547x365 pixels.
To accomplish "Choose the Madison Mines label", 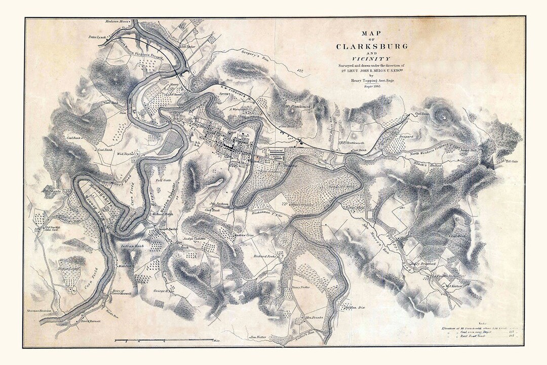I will [118, 22].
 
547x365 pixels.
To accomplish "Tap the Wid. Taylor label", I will [128, 153].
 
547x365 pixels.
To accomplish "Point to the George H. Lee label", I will [158, 290].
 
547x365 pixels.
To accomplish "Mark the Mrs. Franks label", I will [315, 319].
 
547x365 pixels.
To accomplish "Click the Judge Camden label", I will [195, 237].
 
